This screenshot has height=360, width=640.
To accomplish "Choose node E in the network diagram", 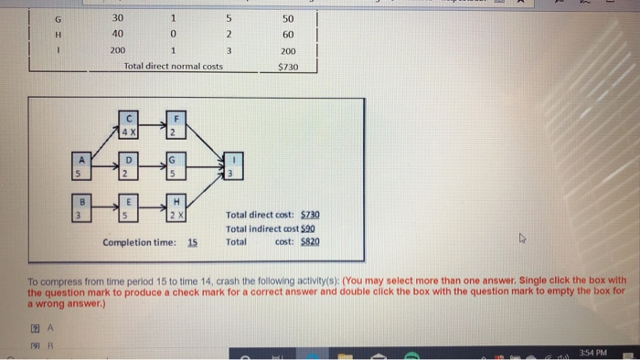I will click(130, 208).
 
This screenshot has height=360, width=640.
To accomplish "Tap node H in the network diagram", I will click(175, 208).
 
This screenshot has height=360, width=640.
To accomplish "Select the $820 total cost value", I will click(311, 241).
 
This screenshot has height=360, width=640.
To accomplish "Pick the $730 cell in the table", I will click(289, 67).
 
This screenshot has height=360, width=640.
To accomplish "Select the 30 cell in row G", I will click(116, 17).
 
